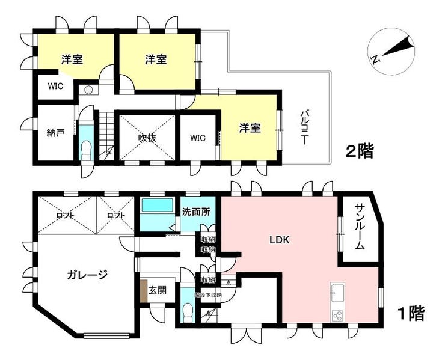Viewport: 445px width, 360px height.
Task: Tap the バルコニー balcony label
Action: coord(304,127)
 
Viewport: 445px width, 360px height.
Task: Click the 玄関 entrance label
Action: coord(158,290)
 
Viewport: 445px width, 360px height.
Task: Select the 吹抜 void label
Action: coord(147,138)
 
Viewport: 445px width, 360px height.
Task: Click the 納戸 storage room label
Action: coord(55,134)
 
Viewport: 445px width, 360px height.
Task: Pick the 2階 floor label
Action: coord(360,151)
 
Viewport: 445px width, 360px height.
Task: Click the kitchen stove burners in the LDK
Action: coord(336,314)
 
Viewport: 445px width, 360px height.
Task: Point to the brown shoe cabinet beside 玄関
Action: coord(144,291)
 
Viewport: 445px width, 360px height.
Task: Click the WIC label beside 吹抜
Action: coord(198,138)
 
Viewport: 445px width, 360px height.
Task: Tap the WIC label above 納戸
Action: coord(56,85)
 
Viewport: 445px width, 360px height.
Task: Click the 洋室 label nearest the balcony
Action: coord(250,127)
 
